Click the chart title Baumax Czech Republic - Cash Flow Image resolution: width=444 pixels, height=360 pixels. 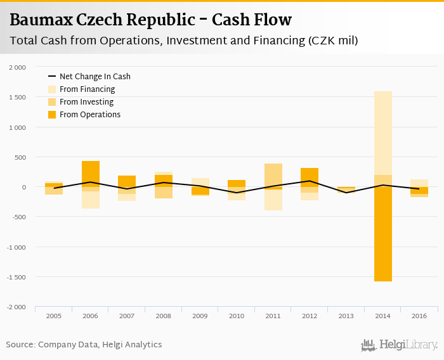point(151,20)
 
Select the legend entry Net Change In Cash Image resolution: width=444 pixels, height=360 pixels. point(95,77)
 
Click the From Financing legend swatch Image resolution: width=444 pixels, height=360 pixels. point(52,89)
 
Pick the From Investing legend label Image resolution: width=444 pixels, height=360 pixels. point(86,102)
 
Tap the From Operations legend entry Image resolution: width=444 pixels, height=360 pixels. point(89,115)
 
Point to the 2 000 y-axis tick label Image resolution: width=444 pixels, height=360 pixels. point(17,67)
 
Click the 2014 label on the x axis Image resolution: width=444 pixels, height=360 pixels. point(382,315)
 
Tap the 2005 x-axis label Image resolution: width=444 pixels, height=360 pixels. point(54,315)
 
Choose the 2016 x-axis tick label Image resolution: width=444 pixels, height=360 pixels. point(419,315)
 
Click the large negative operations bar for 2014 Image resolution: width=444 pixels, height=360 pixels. point(382,235)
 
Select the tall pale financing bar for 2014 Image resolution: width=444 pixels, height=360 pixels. point(382,133)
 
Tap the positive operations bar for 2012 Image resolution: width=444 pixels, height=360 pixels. point(310,177)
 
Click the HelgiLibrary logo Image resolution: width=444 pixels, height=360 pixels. point(400,345)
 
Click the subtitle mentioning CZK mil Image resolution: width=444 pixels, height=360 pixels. point(184,41)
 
